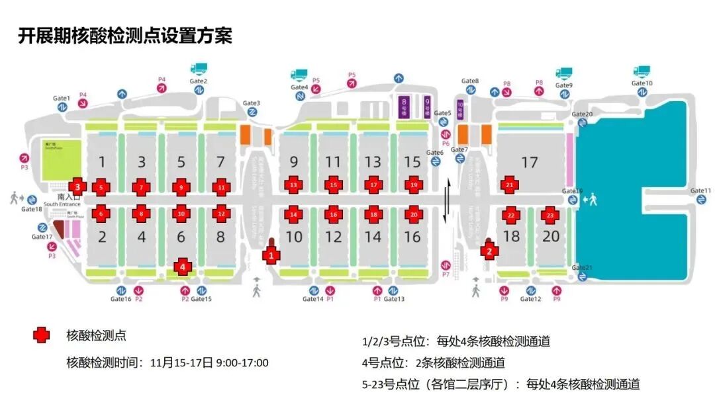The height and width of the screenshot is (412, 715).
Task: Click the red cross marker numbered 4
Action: [x=183, y=267]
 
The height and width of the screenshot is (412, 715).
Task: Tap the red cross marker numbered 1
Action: [x=269, y=254]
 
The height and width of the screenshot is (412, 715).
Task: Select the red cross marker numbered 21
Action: [x=509, y=186]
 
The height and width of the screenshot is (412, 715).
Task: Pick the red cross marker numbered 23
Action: [x=549, y=214]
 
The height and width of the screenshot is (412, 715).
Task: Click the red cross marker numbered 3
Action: [x=78, y=186]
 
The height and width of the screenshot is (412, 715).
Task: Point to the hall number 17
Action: [x=529, y=162]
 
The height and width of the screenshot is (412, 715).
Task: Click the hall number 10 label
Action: [x=293, y=236]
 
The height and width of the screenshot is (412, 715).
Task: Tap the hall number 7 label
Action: [x=220, y=162]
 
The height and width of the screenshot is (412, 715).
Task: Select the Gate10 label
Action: [x=642, y=83]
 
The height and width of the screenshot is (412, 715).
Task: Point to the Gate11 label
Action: [x=701, y=191]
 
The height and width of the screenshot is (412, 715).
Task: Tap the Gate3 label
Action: [x=252, y=103]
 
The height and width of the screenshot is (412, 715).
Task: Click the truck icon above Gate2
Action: [x=199, y=69]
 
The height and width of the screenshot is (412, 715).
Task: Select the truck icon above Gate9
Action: [x=564, y=73]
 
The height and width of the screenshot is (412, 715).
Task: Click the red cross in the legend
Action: [x=41, y=335]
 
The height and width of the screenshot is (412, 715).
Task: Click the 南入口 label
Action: [x=69, y=196]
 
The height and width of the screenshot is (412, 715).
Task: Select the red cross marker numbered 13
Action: [x=293, y=186]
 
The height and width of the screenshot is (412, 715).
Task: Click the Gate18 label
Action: [x=31, y=209]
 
